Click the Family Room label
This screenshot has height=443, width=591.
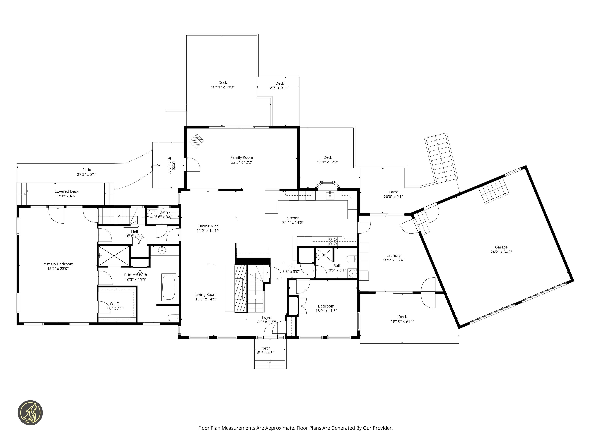click(x=242, y=158)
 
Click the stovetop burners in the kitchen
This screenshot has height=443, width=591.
click(x=333, y=241)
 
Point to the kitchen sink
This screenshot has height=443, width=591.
click(x=330, y=195)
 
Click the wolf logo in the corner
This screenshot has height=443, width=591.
click(x=30, y=412)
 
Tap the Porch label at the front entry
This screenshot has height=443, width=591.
click(x=265, y=348)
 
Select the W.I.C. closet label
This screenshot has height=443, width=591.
click(x=115, y=304)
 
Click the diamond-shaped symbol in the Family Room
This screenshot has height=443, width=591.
click(x=197, y=141)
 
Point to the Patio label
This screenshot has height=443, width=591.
click(x=87, y=170)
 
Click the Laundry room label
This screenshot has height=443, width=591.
click(x=393, y=255)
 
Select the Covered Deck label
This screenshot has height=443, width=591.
click(x=66, y=191)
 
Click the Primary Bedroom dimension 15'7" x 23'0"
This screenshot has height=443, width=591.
click(x=58, y=269)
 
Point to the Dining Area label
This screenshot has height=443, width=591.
click(x=208, y=226)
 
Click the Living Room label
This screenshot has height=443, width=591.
click(x=206, y=295)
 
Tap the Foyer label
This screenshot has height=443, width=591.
click(x=267, y=317)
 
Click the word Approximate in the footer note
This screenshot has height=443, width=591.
click(x=279, y=428)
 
